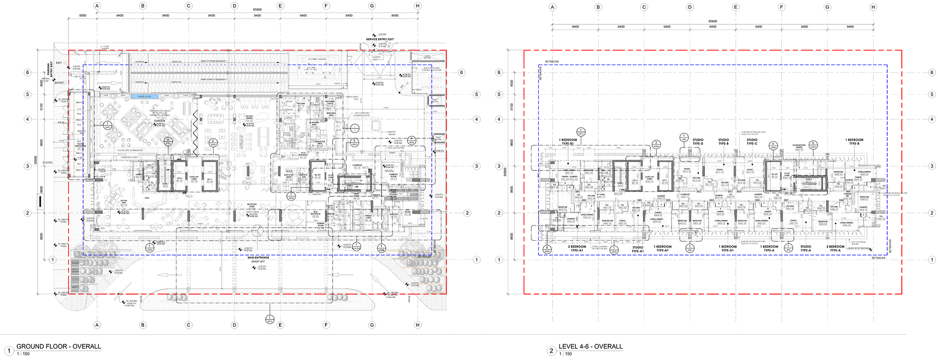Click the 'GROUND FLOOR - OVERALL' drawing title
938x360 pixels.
click(x=59, y=346)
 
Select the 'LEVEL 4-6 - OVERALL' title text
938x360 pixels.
click(x=591, y=346)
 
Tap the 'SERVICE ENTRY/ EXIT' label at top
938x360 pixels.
click(x=380, y=39)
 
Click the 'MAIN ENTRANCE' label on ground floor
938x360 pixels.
click(x=258, y=257)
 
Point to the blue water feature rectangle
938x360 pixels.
click(x=145, y=97)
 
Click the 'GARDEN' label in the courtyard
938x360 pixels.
click(x=160, y=121)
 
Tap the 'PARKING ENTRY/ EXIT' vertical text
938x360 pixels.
click(x=49, y=71)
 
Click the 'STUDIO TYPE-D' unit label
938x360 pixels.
click(x=698, y=142)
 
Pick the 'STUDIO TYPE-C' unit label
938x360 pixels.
click(x=752, y=142)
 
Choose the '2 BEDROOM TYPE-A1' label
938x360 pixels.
click(x=577, y=249)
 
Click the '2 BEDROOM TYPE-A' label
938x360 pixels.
click(x=835, y=249)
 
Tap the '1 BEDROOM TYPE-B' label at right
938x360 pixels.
click(x=854, y=142)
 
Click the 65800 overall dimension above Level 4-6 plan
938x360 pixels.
click(x=713, y=21)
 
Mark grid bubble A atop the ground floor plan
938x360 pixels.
click(x=97, y=6)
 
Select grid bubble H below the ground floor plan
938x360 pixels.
click(x=418, y=325)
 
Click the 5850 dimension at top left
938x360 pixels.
click(x=83, y=16)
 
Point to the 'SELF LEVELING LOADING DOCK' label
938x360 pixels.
click(x=362, y=114)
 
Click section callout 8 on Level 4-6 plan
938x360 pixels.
click(x=547, y=249)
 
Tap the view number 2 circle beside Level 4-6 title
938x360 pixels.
click(x=552, y=350)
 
